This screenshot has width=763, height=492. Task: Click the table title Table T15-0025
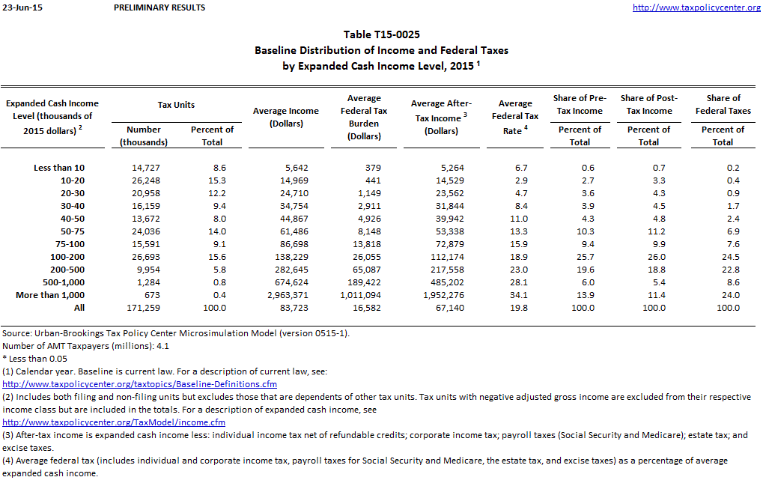coord(381,34)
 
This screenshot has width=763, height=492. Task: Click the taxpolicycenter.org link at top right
coord(696,7)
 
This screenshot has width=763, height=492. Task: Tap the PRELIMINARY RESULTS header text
coord(159,7)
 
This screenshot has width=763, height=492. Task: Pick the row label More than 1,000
coord(50,295)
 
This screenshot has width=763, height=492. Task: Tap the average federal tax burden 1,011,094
coord(365,295)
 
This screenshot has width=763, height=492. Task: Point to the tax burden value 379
coord(372,168)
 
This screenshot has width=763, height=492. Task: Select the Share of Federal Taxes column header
coord(723,104)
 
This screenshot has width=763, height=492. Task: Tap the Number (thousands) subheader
coord(144,136)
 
